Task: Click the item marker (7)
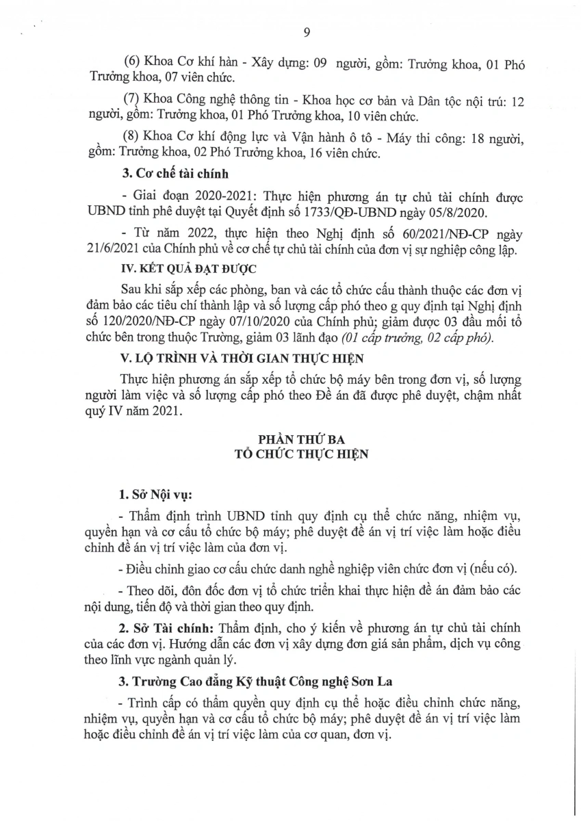(129, 102)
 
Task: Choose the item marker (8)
(129, 141)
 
